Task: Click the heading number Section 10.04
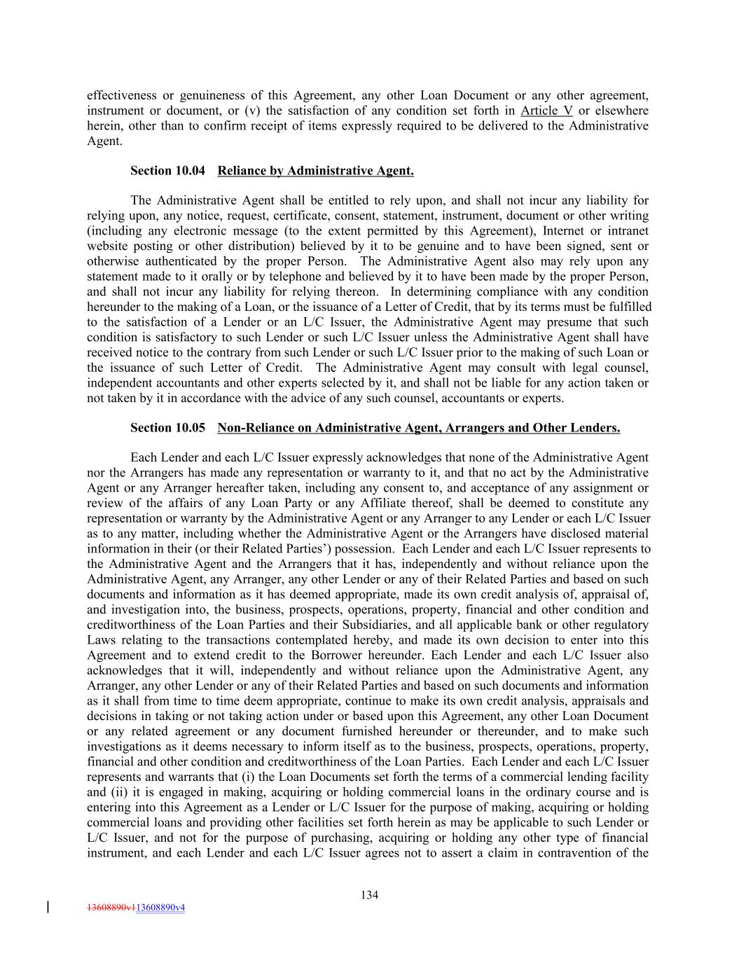[167, 171]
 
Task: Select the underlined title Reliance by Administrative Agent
[315, 171]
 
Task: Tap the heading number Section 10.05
[167, 428]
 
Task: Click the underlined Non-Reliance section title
[418, 428]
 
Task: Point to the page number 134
[370, 895]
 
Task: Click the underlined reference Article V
[546, 111]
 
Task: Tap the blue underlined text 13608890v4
[160, 908]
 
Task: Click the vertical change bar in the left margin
[48, 907]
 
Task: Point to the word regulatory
[616, 625]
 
